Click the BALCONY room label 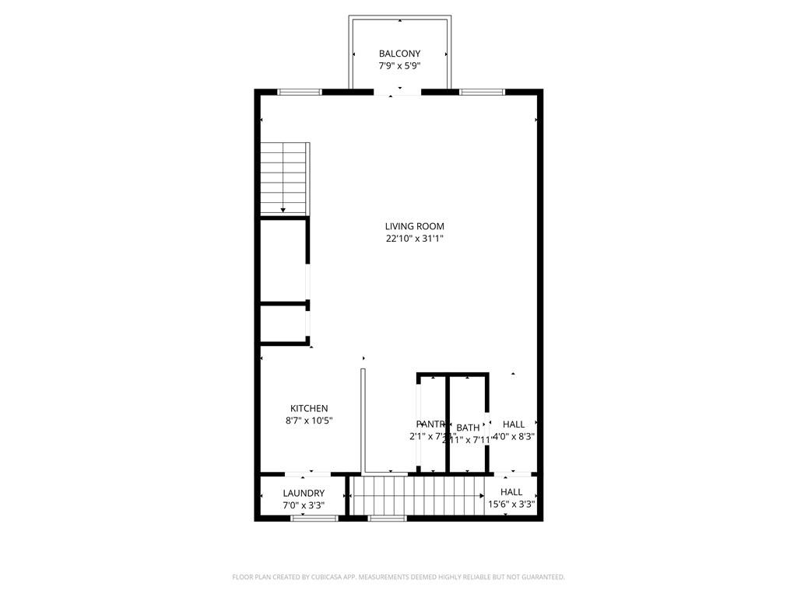click(399, 54)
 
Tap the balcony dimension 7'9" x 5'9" click(399, 66)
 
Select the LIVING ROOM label click(414, 226)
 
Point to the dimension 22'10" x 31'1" click(414, 239)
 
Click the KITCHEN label click(309, 408)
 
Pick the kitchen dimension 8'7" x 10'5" click(309, 421)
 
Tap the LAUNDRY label click(304, 493)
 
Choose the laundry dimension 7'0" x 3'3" click(304, 505)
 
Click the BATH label click(468, 428)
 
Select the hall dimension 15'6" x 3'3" click(511, 504)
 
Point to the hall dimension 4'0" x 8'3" click(513, 436)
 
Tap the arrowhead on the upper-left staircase click(283, 209)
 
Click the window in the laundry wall click(314, 518)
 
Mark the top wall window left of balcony click(300, 92)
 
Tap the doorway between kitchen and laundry click(309, 473)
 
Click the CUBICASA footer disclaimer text click(398, 577)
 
